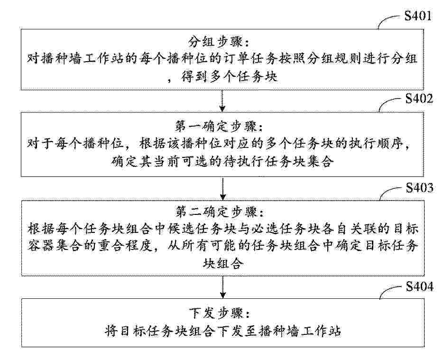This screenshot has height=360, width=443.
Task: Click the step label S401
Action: [x=418, y=16]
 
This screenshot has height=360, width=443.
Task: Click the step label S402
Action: [x=419, y=98]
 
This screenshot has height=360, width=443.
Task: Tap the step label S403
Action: [x=420, y=187]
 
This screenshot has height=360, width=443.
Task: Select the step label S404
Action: [x=420, y=286]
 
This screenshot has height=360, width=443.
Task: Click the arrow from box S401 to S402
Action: [x=222, y=101]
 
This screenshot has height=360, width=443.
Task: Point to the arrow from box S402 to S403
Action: [x=223, y=189]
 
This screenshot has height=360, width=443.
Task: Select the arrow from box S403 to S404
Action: [x=223, y=287]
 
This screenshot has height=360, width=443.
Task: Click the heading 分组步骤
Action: [x=220, y=42]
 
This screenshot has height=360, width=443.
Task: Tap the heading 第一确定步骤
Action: [x=219, y=126]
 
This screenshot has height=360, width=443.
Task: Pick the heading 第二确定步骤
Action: [x=220, y=212]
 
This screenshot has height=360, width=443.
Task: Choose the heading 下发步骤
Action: [x=220, y=313]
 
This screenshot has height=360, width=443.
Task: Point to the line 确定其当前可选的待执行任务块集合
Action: [x=222, y=162]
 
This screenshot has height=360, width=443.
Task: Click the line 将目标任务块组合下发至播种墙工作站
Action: [x=223, y=331]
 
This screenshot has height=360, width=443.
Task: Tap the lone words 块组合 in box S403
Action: [x=223, y=264]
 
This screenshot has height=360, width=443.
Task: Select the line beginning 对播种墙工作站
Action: [x=222, y=59]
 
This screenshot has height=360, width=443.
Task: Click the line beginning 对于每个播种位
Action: [x=219, y=144]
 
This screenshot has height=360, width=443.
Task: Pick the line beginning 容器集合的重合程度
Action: [x=223, y=247]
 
